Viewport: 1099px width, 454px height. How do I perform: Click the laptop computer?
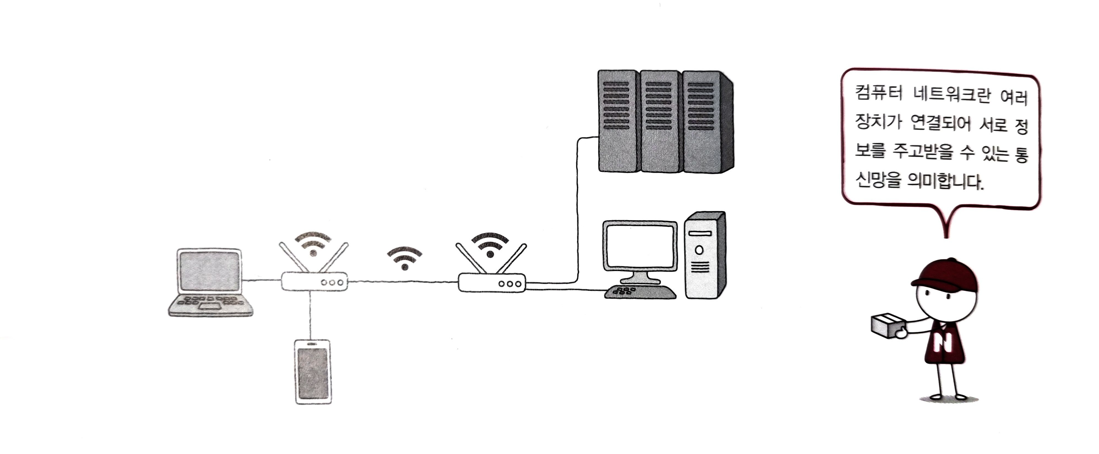[x=210, y=282]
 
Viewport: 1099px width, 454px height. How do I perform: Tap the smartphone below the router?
[x=313, y=371]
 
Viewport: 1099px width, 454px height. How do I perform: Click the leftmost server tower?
[x=619, y=121]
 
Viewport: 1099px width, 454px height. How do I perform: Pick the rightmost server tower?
[x=704, y=121]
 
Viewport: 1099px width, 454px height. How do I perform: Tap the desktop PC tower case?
[x=704, y=256]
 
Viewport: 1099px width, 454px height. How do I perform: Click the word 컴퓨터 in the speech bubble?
[x=878, y=93]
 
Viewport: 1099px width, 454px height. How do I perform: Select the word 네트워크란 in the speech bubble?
[x=951, y=95]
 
